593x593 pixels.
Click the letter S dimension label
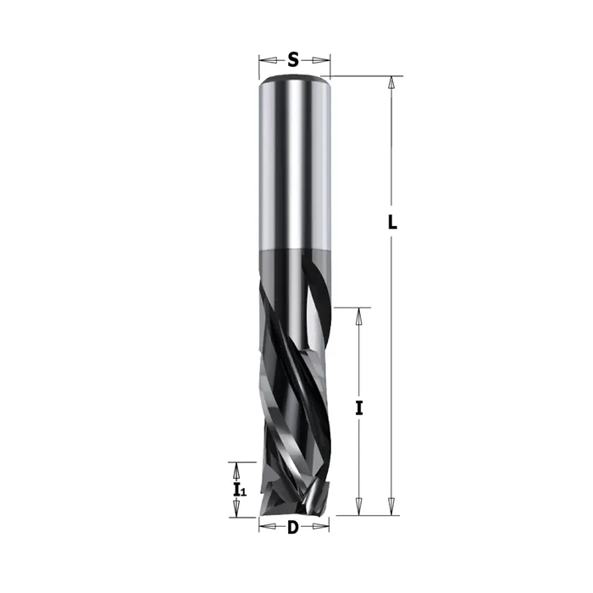click(293, 60)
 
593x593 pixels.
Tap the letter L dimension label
click(392, 222)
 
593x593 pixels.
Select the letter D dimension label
click(293, 527)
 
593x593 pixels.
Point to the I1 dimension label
click(240, 490)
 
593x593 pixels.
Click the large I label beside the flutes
click(359, 408)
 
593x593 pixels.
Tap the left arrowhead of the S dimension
click(268, 60)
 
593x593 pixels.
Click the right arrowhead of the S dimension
click(321, 60)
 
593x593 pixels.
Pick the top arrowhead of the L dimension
click(391, 83)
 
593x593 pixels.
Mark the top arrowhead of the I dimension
click(359, 316)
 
